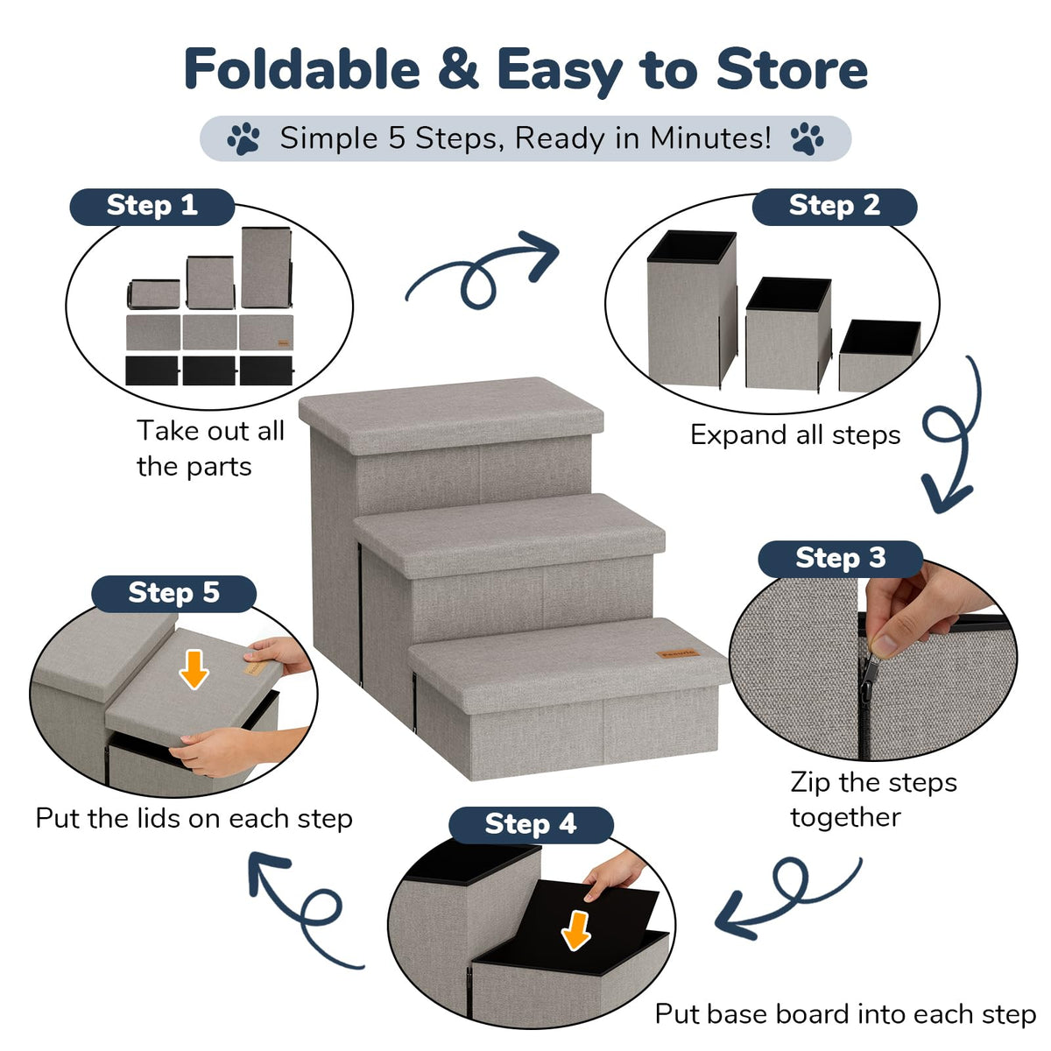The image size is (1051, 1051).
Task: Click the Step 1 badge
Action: coord(152,207)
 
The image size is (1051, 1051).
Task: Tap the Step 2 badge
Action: coord(834,207)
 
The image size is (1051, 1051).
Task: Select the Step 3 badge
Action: coord(840,559)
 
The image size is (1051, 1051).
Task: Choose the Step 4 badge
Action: coord(531,825)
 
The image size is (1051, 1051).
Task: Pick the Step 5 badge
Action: coord(173,594)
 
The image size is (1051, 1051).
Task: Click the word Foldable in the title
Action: coord(302,68)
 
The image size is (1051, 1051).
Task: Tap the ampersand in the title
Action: coord(458,68)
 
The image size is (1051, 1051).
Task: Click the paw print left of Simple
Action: coord(243,138)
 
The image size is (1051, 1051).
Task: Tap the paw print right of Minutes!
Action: coord(807,138)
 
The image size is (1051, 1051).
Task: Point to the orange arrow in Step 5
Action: coord(194,669)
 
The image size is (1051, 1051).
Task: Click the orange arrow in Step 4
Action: coord(576,930)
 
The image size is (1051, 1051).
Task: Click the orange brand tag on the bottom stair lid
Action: coord(677,652)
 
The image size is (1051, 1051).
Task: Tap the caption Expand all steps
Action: coord(795,436)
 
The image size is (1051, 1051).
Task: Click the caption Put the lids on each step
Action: coord(194,819)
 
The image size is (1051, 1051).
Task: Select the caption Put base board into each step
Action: coord(845,1014)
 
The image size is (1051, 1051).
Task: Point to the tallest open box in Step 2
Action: coord(692,308)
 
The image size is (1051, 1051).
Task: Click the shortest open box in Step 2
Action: coord(879,355)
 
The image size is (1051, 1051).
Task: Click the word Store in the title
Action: coord(792,68)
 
